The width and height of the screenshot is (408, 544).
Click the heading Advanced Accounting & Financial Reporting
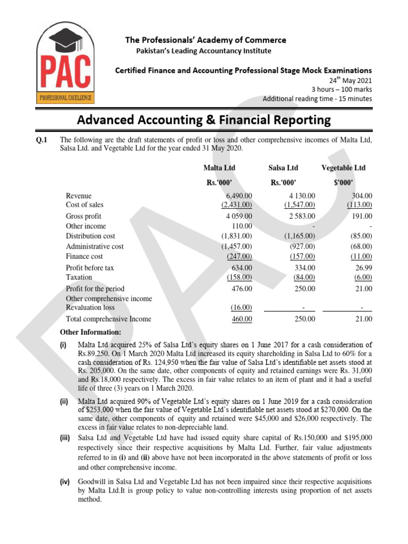204,120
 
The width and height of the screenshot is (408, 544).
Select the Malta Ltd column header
219,168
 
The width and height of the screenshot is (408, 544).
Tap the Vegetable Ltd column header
344,168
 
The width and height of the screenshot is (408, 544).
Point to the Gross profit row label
83,216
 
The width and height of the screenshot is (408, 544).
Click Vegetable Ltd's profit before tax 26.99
363,268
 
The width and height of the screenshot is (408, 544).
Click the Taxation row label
79,277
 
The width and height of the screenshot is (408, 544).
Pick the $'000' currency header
344,183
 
